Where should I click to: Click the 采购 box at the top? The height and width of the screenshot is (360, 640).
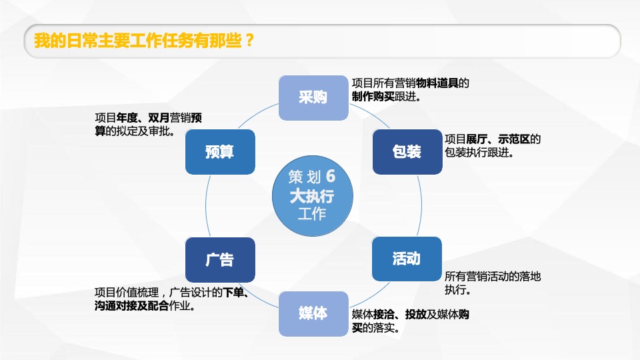[x=313, y=98]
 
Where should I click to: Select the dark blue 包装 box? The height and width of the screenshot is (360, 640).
[x=407, y=152]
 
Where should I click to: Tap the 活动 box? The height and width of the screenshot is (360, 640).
[x=407, y=259]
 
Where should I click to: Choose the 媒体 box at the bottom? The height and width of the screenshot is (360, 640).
[x=313, y=313]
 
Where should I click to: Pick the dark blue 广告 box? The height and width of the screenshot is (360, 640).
[x=220, y=259]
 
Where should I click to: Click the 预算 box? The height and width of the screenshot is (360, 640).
[x=220, y=152]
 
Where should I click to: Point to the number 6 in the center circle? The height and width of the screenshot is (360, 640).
[x=331, y=177]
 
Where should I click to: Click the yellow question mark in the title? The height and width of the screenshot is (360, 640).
[x=248, y=41]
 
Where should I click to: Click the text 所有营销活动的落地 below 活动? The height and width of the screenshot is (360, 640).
[x=493, y=277]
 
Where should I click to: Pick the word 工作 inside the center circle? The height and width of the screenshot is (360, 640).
[x=312, y=214]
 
